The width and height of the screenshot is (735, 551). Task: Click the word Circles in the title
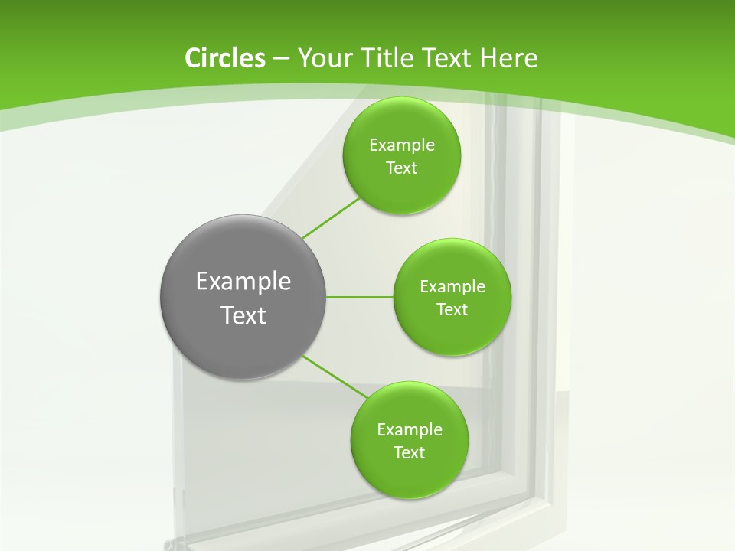(224, 58)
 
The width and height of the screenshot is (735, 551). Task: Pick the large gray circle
(243, 253)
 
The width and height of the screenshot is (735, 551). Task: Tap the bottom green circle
(409, 474)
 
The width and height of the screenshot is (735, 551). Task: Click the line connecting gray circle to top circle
(331, 218)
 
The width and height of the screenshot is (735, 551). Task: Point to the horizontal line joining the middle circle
(360, 297)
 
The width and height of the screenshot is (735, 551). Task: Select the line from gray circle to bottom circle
(335, 377)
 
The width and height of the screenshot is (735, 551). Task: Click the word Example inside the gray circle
(243, 282)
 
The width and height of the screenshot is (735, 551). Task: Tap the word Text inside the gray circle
(243, 315)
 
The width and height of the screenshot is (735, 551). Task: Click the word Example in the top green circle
(401, 145)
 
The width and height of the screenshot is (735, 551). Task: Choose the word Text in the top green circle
(401, 168)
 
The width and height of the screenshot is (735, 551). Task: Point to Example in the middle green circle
(452, 287)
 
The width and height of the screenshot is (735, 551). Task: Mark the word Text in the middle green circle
(452, 310)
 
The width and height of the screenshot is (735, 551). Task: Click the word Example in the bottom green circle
(409, 430)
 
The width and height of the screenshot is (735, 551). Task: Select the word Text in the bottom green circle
(409, 453)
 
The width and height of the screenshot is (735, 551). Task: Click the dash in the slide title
(280, 58)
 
